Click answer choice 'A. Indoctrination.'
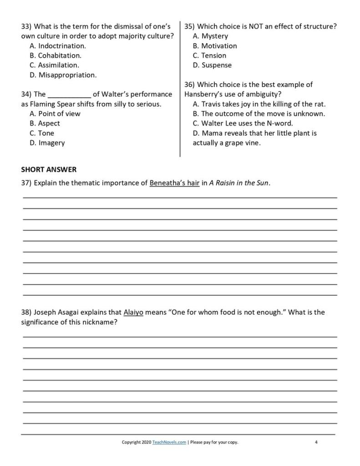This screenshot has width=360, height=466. point(57,46)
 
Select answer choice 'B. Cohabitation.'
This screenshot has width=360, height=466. point(56,56)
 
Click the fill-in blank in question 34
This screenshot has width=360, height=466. point(69,95)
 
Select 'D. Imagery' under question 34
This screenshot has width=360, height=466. point(47,142)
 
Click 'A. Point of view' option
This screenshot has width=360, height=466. point(55,114)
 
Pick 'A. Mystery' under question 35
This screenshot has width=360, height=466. point(210,36)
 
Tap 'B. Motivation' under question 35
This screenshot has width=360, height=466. point(215,46)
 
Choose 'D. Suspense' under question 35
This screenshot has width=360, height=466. point(212,65)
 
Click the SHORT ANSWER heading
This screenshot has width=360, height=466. point(49,170)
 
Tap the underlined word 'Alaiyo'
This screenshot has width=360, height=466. point(133,313)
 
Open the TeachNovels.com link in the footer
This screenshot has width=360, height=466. point(169,442)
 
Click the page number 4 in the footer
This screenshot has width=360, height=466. point(316,442)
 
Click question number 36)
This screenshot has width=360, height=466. point(190,85)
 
